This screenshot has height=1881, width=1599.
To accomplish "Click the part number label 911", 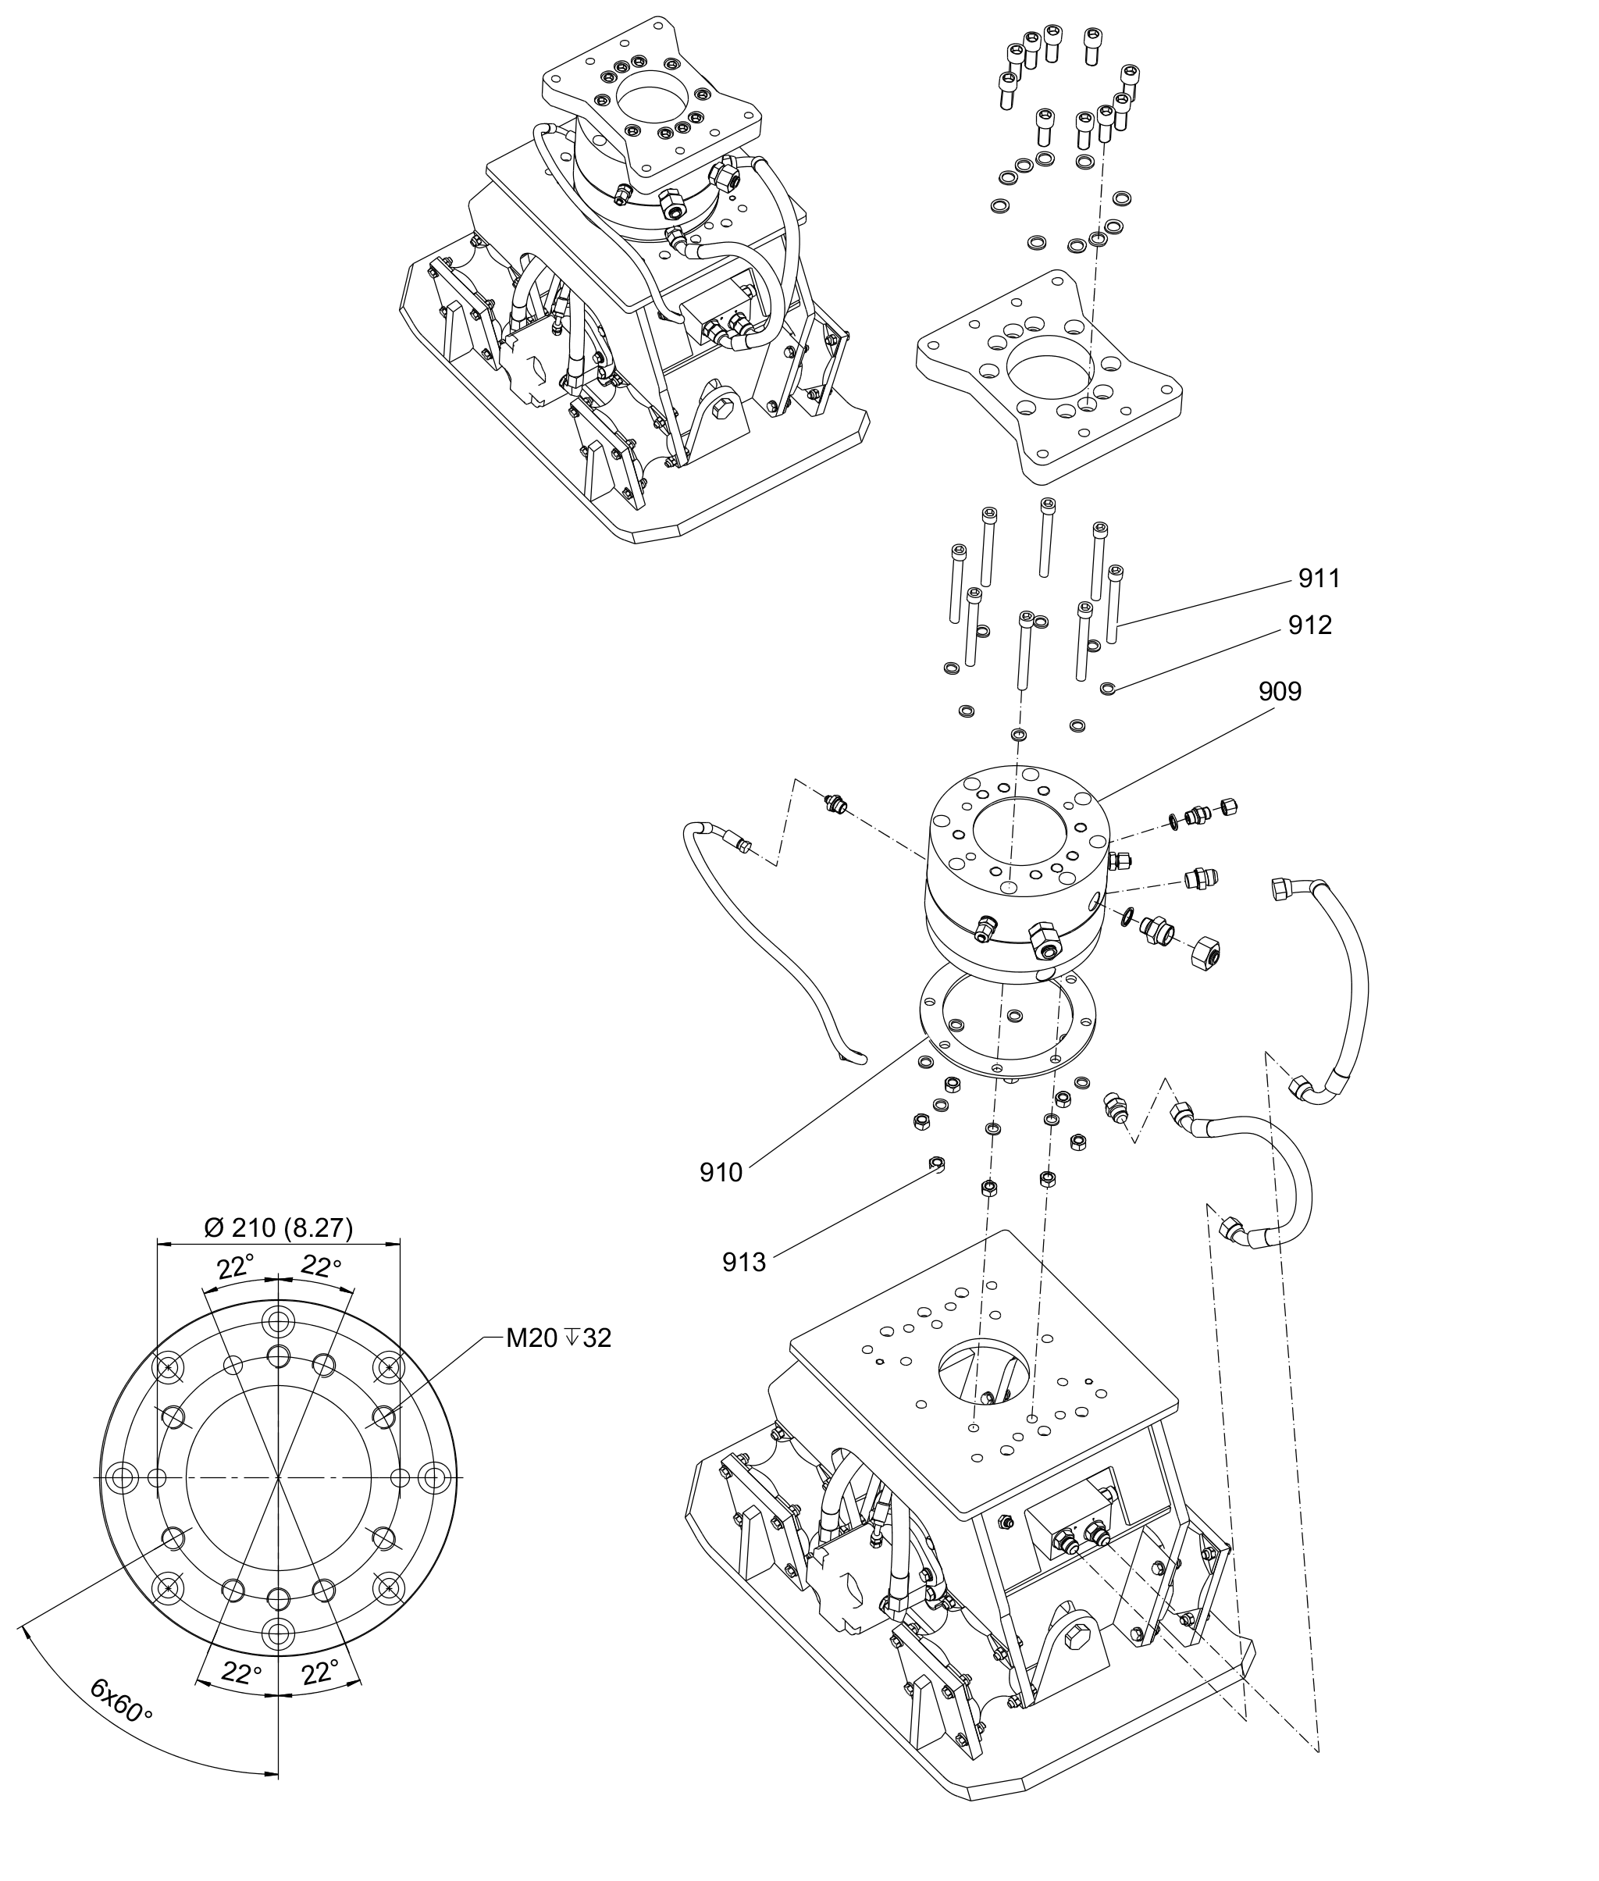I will tap(1319, 579).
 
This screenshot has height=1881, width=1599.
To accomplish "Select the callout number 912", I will tap(1310, 625).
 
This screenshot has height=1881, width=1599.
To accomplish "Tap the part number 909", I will tap(1279, 692).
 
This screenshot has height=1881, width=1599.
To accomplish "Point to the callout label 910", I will tap(721, 1173).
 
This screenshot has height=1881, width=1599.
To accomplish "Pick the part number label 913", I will tap(744, 1262).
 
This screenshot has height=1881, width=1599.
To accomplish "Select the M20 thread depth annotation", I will tap(558, 1338).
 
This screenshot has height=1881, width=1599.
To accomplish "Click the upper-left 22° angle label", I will tap(235, 1267).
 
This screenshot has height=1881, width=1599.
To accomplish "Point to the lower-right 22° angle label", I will tap(320, 1672).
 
